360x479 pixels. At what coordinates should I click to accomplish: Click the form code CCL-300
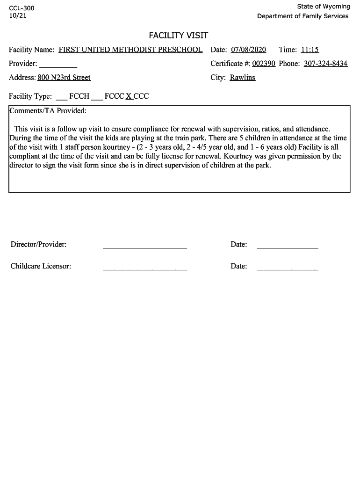click(x=22, y=8)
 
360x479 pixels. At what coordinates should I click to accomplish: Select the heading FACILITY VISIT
click(x=178, y=36)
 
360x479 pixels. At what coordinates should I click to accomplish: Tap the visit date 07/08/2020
click(x=248, y=50)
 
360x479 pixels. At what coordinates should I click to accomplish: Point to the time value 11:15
click(x=310, y=50)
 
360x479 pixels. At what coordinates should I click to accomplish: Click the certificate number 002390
click(x=263, y=64)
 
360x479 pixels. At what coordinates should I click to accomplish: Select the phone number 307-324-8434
click(x=325, y=64)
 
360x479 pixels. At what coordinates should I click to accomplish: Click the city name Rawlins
click(x=242, y=78)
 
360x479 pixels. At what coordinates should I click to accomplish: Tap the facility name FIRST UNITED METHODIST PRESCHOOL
click(x=130, y=50)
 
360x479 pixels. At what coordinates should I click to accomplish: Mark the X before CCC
click(x=129, y=96)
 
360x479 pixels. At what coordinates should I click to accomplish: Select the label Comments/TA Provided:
click(x=48, y=111)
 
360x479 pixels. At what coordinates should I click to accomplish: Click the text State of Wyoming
click(x=323, y=7)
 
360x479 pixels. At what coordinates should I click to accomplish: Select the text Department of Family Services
click(x=302, y=16)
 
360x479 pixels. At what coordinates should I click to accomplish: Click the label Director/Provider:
click(x=38, y=244)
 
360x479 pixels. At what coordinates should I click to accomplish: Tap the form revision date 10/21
click(x=17, y=16)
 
